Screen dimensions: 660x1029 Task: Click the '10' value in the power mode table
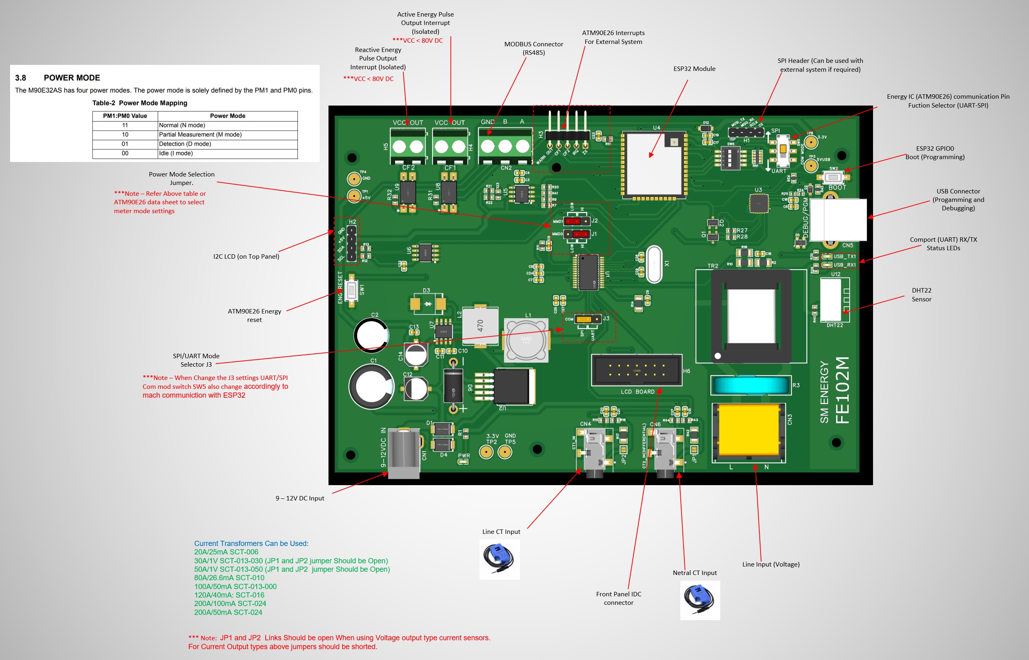pyautogui.click(x=125, y=135)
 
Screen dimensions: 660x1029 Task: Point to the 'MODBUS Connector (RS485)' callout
pyautogui.click(x=533, y=48)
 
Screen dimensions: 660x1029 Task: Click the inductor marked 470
pyautogui.click(x=480, y=326)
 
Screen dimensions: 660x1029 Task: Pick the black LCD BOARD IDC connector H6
pyautogui.click(x=636, y=370)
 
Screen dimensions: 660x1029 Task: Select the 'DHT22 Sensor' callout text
pyautogui.click(x=921, y=295)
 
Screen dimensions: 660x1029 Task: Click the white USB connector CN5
pyautogui.click(x=838, y=220)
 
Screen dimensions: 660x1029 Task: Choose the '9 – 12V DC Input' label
pyautogui.click(x=299, y=498)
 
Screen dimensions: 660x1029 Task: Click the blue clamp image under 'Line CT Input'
pyautogui.click(x=499, y=559)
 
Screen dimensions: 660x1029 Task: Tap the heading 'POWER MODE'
pyautogui.click(x=72, y=78)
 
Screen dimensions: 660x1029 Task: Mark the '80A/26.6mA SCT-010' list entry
pyautogui.click(x=229, y=578)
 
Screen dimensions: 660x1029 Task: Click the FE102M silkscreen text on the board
pyautogui.click(x=842, y=390)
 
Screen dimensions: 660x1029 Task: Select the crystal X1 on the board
pyautogui.click(x=654, y=264)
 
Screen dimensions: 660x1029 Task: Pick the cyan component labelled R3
pyautogui.click(x=750, y=385)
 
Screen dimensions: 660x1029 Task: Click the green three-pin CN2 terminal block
pyautogui.click(x=505, y=147)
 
